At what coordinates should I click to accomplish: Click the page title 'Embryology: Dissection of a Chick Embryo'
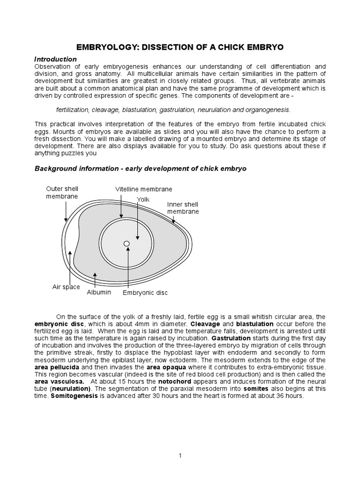[x=180, y=48]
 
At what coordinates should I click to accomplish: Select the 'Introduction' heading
[x=56, y=59]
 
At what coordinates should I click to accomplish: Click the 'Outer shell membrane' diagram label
[x=62, y=193]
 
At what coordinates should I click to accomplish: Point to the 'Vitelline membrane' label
[x=144, y=189]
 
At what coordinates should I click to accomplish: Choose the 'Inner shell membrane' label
[x=183, y=208]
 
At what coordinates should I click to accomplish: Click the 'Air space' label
[x=66, y=287]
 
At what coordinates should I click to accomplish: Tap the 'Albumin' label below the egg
[x=99, y=292]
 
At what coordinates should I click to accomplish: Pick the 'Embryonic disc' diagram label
[x=145, y=293]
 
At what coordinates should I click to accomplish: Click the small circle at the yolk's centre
[x=126, y=243]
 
